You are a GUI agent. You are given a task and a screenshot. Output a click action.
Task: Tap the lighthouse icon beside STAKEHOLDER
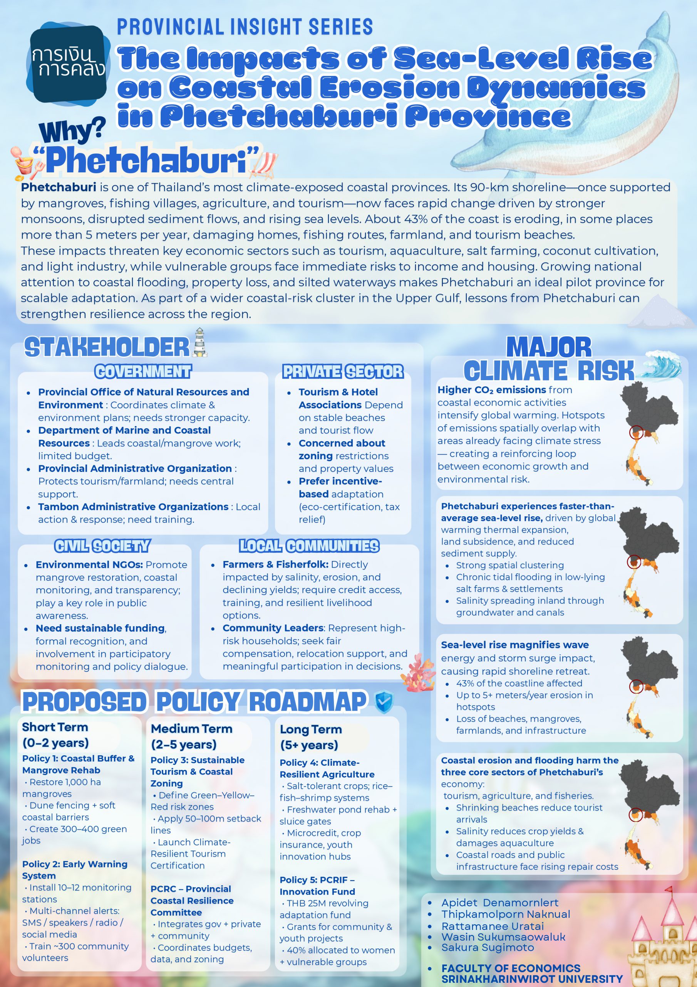(x=200, y=343)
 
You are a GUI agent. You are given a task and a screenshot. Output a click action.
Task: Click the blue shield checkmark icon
(x=384, y=702)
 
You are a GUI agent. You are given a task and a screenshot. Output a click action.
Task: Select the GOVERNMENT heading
(x=143, y=371)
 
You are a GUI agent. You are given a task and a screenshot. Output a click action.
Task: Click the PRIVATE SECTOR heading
(x=343, y=371)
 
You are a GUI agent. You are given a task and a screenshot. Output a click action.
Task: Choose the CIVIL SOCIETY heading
(x=102, y=546)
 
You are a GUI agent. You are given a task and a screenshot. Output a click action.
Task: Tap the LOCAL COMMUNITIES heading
(x=309, y=546)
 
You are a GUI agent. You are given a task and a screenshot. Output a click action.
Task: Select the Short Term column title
(x=55, y=735)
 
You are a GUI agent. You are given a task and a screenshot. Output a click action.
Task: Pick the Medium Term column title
(x=191, y=737)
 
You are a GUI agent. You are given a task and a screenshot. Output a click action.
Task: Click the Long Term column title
(x=311, y=737)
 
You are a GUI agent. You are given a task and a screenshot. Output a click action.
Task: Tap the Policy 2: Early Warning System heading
(x=75, y=870)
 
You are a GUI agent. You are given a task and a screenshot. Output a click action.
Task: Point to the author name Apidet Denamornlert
(x=500, y=903)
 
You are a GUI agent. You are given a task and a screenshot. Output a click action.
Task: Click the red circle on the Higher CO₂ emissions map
(x=636, y=433)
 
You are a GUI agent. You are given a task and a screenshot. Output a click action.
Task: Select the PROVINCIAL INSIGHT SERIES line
(x=245, y=27)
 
